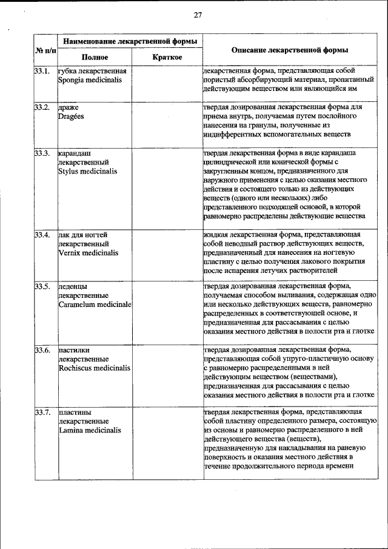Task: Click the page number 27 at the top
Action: pos(198,15)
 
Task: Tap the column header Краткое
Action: pos(168,57)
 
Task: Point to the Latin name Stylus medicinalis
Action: pos(87,171)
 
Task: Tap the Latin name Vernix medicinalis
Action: pos(89,253)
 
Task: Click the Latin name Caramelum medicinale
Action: pos(95,303)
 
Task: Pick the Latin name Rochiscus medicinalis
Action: pos(94,368)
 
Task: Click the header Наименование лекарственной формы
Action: pos(130,41)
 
